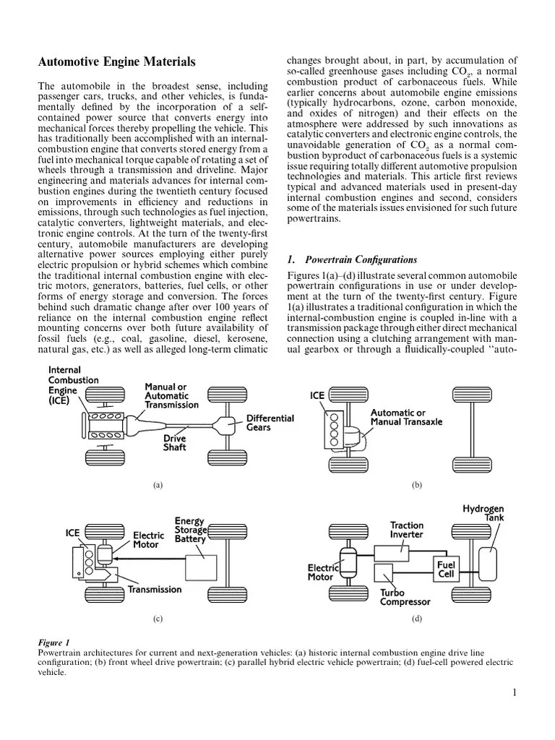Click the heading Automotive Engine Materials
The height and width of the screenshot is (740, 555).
point(116,63)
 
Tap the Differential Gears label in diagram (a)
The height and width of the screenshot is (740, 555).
point(270,423)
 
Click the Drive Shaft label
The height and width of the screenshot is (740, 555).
point(174,443)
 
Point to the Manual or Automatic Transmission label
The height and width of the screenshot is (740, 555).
point(171,396)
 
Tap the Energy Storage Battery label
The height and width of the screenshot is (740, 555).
point(190,530)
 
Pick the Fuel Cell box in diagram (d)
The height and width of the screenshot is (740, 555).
point(444,568)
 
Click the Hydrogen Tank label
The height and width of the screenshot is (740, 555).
point(483,513)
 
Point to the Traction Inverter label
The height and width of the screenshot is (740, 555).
point(407,530)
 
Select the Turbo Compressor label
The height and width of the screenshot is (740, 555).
point(405,597)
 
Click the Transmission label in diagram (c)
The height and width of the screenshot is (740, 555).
point(155,590)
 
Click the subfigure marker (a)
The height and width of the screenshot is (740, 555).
point(158,486)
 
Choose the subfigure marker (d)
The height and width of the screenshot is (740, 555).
point(416,619)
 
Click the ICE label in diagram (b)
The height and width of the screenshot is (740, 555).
point(317,396)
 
